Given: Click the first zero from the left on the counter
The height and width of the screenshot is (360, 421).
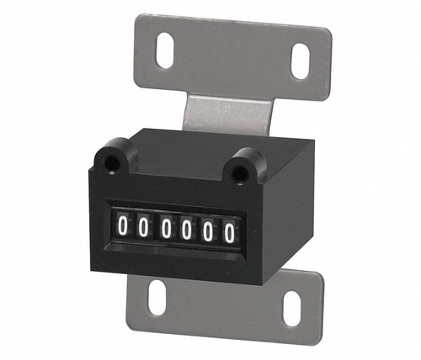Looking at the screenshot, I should click(x=123, y=225).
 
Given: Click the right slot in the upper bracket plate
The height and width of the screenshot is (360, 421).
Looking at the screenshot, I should click(x=301, y=61).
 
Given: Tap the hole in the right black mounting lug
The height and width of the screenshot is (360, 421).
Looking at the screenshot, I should click(x=244, y=167).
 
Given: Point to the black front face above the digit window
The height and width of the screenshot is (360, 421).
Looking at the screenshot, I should click(x=177, y=189).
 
